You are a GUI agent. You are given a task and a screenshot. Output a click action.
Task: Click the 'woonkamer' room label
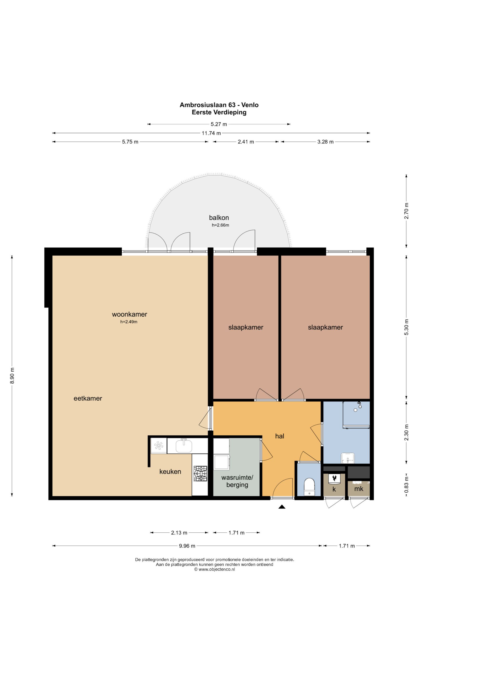(130, 314)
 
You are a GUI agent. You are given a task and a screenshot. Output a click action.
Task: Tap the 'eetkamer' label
(88, 398)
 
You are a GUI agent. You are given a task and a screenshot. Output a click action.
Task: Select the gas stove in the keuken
(200, 474)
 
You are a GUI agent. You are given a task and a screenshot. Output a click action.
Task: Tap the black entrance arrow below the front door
(282, 506)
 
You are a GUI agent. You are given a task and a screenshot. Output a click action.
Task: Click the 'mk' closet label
(359, 489)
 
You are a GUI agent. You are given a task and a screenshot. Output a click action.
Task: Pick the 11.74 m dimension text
(211, 133)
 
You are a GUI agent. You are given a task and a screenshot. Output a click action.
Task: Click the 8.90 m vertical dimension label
(12, 376)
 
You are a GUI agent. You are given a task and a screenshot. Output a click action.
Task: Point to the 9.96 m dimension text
(187, 546)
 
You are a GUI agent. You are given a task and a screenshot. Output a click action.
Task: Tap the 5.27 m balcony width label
(219, 124)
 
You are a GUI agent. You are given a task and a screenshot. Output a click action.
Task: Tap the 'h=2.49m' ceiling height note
(129, 322)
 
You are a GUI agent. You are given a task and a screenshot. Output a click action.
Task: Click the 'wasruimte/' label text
(237, 478)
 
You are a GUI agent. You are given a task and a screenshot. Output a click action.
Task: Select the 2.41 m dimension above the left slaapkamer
(246, 142)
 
